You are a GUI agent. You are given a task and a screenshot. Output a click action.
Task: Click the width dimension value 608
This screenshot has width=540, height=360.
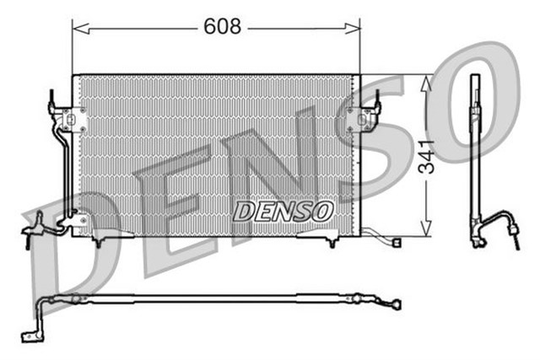[223, 26]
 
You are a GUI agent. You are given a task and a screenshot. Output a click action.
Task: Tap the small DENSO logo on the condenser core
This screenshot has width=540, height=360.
[283, 211]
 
